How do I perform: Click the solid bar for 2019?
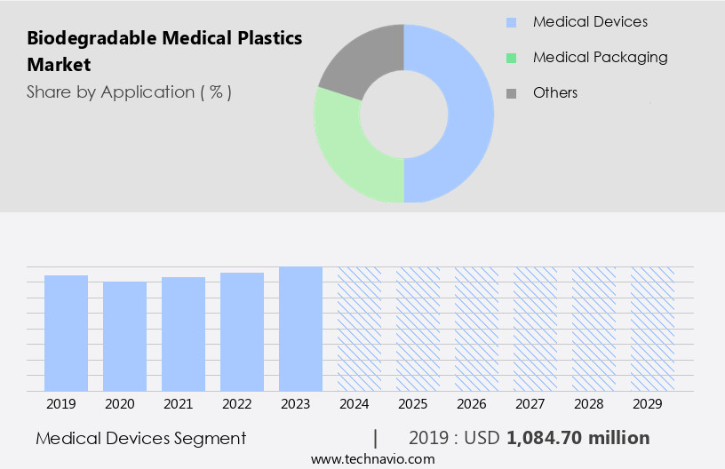click(66, 333)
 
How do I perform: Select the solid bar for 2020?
click(124, 336)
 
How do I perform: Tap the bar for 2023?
click(300, 329)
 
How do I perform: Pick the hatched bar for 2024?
click(359, 329)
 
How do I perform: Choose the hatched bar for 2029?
click(652, 329)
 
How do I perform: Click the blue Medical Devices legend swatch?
click(511, 22)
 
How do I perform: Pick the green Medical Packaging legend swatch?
click(511, 58)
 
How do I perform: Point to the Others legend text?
click(555, 92)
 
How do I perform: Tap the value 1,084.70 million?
click(578, 438)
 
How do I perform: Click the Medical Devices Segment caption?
click(141, 438)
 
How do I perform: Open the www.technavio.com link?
click(372, 458)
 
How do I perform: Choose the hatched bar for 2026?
click(476, 329)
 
